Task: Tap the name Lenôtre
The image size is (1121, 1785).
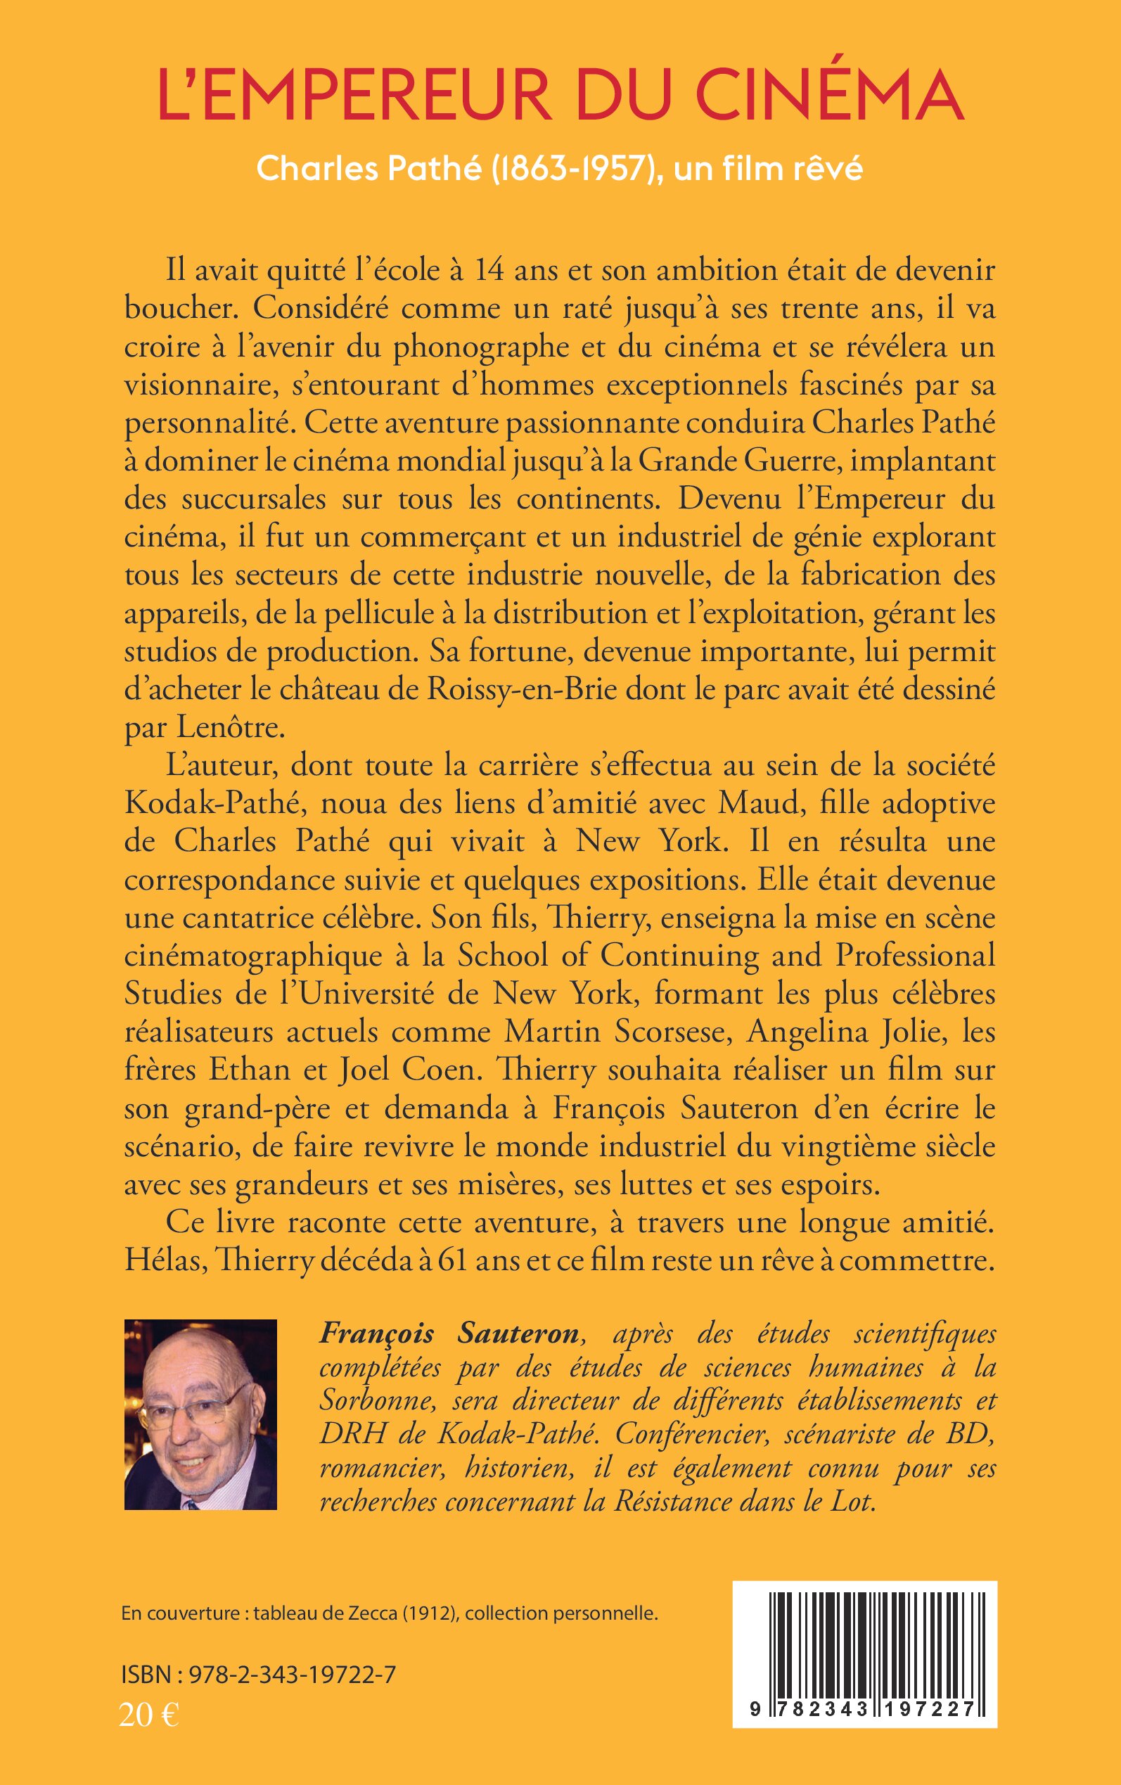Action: pos(231,728)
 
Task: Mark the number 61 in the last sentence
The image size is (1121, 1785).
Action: pos(451,1261)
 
